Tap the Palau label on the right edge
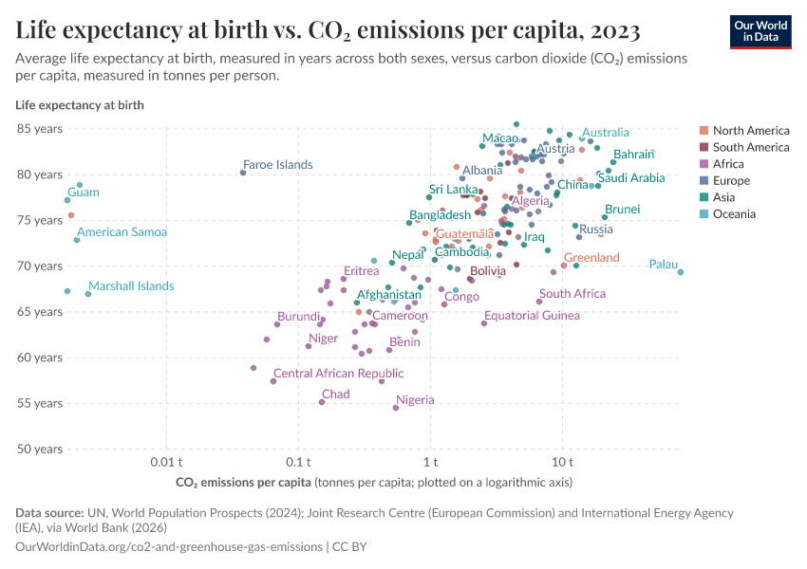(663, 265)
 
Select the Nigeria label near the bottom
(415, 400)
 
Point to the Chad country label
(335, 395)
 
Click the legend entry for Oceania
(737, 214)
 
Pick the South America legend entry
(750, 147)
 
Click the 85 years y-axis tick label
(38, 128)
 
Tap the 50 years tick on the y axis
(38, 449)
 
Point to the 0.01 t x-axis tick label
(167, 462)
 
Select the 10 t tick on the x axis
(562, 462)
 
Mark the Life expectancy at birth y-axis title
(80, 105)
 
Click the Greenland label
(591, 258)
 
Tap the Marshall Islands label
(131, 286)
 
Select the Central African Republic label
(338, 374)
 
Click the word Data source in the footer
(49, 512)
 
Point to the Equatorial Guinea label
(532, 316)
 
